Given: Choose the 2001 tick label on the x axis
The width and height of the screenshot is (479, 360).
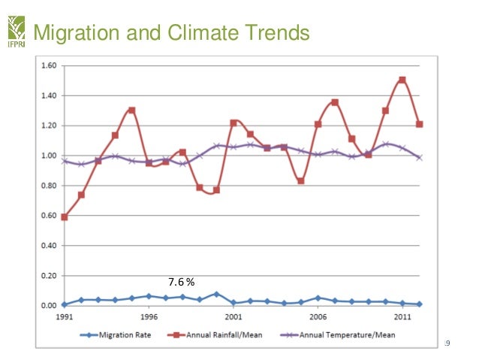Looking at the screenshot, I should pos(233,317).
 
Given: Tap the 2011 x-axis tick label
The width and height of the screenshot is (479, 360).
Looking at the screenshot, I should pos(403,317).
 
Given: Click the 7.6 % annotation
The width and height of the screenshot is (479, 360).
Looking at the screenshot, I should pos(181,282).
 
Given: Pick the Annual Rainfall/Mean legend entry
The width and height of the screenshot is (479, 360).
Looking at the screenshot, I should pos(224,335).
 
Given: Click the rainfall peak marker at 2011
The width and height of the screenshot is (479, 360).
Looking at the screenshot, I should pos(403,80).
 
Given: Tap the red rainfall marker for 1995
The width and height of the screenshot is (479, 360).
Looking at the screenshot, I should pos(131,110).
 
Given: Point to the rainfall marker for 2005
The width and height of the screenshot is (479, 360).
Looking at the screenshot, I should pos(301,181).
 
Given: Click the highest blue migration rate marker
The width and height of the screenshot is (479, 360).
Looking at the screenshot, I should pos(216,294).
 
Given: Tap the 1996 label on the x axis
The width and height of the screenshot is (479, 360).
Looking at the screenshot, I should pos(149,317).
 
